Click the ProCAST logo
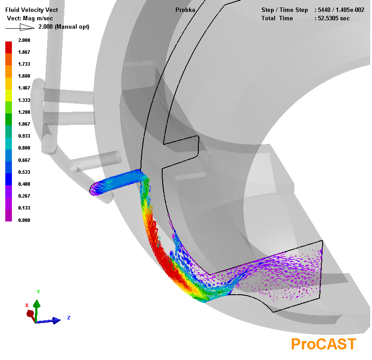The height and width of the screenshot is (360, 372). (x=324, y=344)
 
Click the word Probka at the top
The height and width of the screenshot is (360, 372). (x=185, y=10)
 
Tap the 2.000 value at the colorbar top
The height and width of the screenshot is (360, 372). (x=24, y=40)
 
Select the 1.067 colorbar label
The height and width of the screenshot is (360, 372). (x=24, y=124)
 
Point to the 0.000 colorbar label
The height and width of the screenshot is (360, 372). (x=24, y=220)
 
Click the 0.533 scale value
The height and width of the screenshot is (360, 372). (x=24, y=172)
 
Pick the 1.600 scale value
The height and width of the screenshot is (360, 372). (x=24, y=76)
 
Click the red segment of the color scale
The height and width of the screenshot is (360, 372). (x=8, y=47)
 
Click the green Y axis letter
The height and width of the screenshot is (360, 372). (x=38, y=292)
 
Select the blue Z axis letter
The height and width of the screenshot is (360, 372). (x=69, y=318)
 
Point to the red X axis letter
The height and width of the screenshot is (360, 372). (x=27, y=305)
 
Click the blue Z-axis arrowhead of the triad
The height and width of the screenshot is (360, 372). (x=56, y=321)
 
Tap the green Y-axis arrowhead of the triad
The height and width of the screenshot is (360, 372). (x=37, y=304)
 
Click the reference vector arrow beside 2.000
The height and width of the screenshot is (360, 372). (x=20, y=27)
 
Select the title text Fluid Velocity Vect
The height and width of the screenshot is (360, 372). (x=32, y=10)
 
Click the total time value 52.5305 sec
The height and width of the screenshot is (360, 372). (x=334, y=18)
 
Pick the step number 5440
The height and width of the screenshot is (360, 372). (x=324, y=10)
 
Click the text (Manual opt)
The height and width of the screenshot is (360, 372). (x=72, y=26)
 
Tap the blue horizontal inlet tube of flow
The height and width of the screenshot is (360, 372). (x=118, y=182)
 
